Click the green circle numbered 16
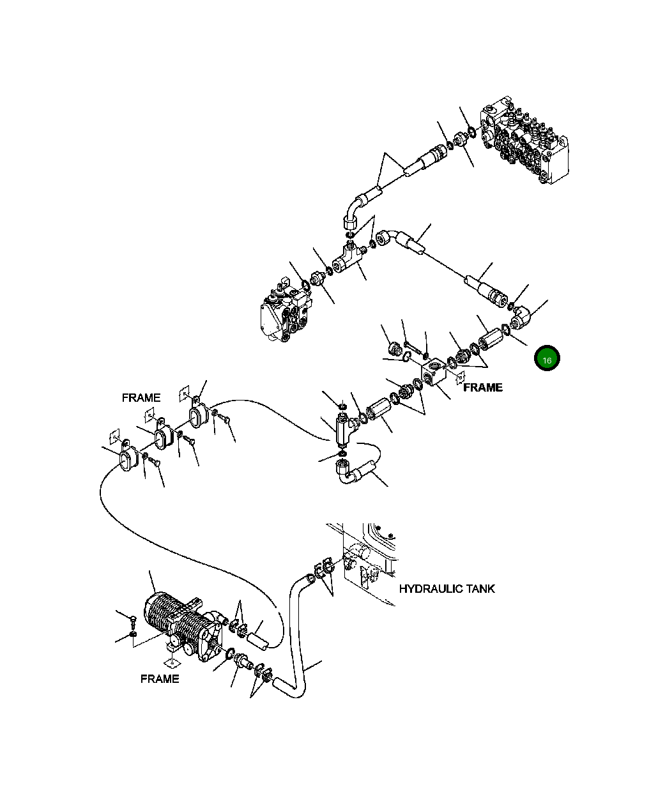(547, 359)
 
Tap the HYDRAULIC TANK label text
(447, 588)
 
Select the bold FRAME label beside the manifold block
(482, 387)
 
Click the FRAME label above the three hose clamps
(141, 397)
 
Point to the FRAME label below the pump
(159, 678)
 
